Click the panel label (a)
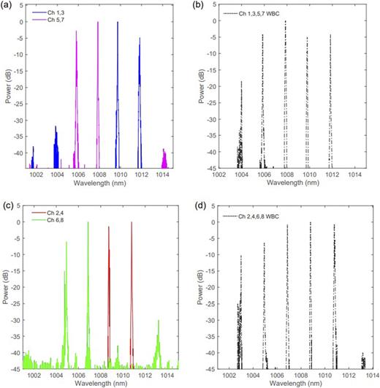[x=7, y=6]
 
